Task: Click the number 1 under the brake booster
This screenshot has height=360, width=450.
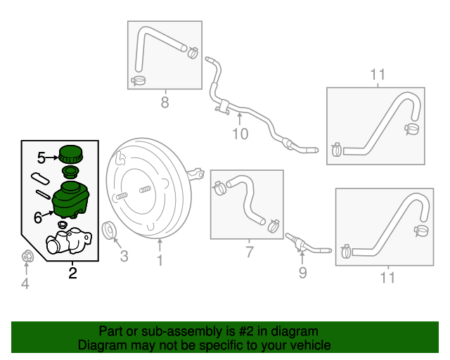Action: coord(160,261)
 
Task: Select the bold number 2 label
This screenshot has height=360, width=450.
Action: coord(72,272)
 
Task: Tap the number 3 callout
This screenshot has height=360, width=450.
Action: coord(124,256)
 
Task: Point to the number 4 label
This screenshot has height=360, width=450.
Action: coord(25,284)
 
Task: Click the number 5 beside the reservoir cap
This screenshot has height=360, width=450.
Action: coord(41,158)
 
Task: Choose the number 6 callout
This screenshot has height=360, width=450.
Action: coord(38,218)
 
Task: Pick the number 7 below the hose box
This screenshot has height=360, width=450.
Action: coord(249,252)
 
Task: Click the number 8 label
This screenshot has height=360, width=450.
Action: coord(165,103)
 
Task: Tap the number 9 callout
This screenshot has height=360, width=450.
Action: coord(302,271)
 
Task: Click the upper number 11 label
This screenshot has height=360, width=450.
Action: coord(378,75)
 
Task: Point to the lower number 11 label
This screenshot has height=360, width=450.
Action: coord(387,278)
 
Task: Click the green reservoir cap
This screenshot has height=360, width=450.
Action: coord(70,153)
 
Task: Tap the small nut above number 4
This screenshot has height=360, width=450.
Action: coord(26,257)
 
